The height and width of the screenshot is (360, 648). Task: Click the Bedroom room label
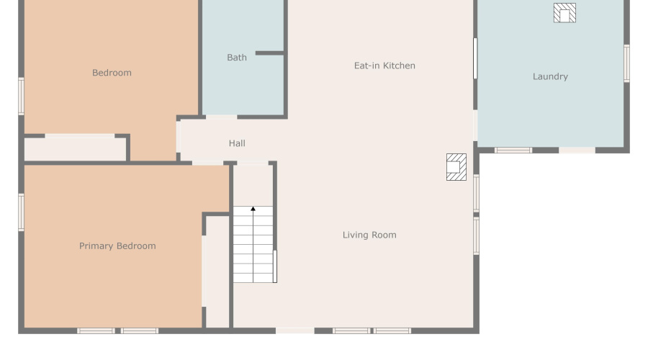[112, 73]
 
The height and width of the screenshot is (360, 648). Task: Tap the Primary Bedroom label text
[117, 246]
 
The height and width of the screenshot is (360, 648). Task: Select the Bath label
[237, 58]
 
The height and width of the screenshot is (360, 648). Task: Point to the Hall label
[237, 143]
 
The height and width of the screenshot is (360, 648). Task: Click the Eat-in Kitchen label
[384, 66]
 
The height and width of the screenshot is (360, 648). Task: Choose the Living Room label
[369, 235]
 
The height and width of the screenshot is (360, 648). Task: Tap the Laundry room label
[550, 76]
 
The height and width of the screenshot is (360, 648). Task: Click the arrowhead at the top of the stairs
[253, 210]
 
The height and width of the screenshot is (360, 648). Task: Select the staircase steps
[253, 245]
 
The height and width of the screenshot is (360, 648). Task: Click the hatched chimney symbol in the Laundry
[564, 13]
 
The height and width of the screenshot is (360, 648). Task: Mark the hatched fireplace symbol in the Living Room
[456, 167]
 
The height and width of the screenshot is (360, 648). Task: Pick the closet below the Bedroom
[76, 149]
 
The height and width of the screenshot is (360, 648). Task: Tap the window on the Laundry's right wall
[626, 63]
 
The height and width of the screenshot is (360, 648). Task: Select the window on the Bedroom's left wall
[22, 96]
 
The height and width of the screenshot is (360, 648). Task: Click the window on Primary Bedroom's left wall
[22, 212]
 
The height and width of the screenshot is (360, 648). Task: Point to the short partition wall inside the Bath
[270, 53]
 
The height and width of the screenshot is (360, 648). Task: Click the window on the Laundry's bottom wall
[513, 150]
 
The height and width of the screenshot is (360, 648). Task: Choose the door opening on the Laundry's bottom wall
[577, 150]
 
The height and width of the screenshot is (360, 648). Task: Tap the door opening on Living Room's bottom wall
[295, 330]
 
